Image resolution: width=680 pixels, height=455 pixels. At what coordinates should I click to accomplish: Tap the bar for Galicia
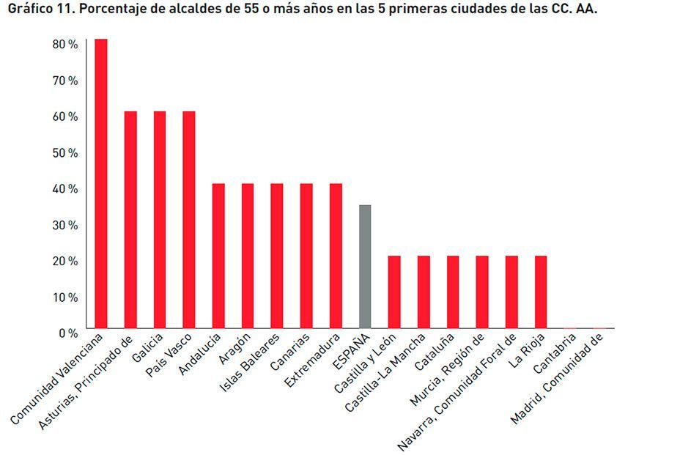pos(160,220)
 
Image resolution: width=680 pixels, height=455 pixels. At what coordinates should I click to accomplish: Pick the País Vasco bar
pos(189,220)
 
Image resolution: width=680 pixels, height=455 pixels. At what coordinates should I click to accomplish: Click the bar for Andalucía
pos(218,256)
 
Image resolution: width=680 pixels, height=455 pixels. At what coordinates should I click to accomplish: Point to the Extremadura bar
pos(336,256)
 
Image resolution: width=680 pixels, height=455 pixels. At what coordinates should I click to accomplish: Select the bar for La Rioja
pos(541,292)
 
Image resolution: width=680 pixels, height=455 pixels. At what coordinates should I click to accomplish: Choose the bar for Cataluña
pos(453,292)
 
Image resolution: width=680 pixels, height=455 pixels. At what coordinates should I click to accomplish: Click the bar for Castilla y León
pos(394,292)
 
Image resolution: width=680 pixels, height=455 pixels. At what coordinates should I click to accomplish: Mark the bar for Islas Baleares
pos(277,256)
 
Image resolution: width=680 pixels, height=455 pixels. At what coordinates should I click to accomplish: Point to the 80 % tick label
pos(65,45)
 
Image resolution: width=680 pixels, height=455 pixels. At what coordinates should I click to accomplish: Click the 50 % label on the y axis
pos(65,153)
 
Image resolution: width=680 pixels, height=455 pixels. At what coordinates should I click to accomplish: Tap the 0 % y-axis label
pos(68,333)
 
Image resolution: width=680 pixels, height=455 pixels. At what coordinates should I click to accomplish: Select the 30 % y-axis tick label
pos(65,225)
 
